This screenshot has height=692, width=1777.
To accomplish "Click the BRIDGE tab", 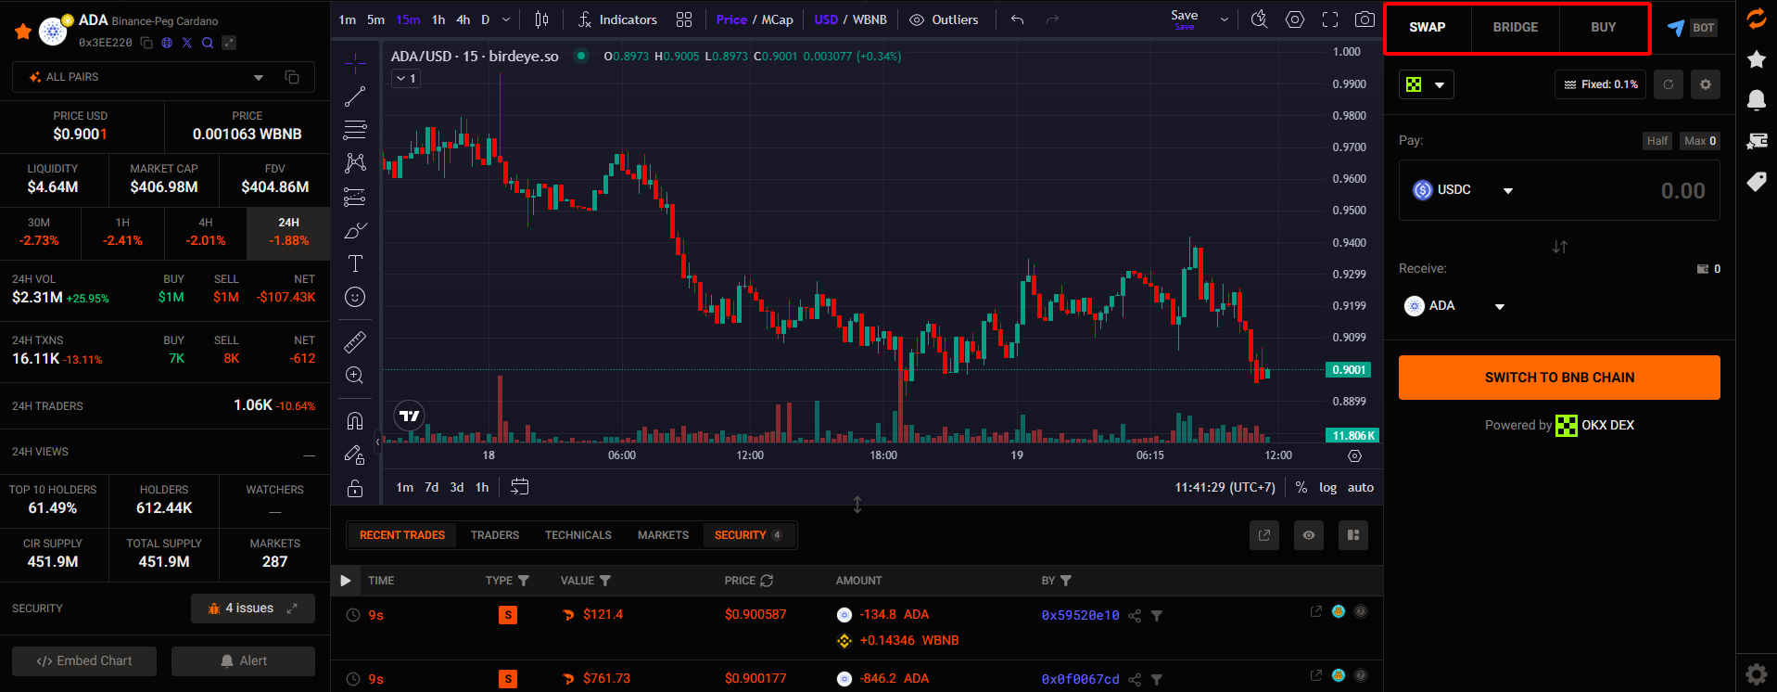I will pyautogui.click(x=1515, y=28).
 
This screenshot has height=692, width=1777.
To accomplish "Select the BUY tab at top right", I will pyautogui.click(x=1603, y=28).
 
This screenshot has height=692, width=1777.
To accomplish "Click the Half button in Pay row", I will pyautogui.click(x=1657, y=141).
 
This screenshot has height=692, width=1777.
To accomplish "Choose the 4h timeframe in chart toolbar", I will pyautogui.click(x=463, y=19).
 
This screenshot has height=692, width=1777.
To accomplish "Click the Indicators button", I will pyautogui.click(x=617, y=19).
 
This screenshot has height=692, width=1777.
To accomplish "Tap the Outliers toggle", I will pyautogui.click(x=944, y=19).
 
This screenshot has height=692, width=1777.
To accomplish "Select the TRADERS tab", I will pyautogui.click(x=494, y=535).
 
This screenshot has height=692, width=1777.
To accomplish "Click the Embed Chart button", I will pyautogui.click(x=84, y=661).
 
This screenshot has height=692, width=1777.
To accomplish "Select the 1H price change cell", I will pyautogui.click(x=122, y=232).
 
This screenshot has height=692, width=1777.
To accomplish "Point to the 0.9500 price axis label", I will pyautogui.click(x=1349, y=211).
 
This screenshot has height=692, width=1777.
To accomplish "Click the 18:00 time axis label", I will pyautogui.click(x=883, y=455).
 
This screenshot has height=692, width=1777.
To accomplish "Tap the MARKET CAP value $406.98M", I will pyautogui.click(x=164, y=186).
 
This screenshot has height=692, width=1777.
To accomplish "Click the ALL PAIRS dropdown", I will pyautogui.click(x=146, y=77).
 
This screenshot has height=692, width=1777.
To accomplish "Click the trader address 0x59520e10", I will pyautogui.click(x=1080, y=615).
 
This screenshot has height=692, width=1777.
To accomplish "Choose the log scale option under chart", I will pyautogui.click(x=1327, y=488).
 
